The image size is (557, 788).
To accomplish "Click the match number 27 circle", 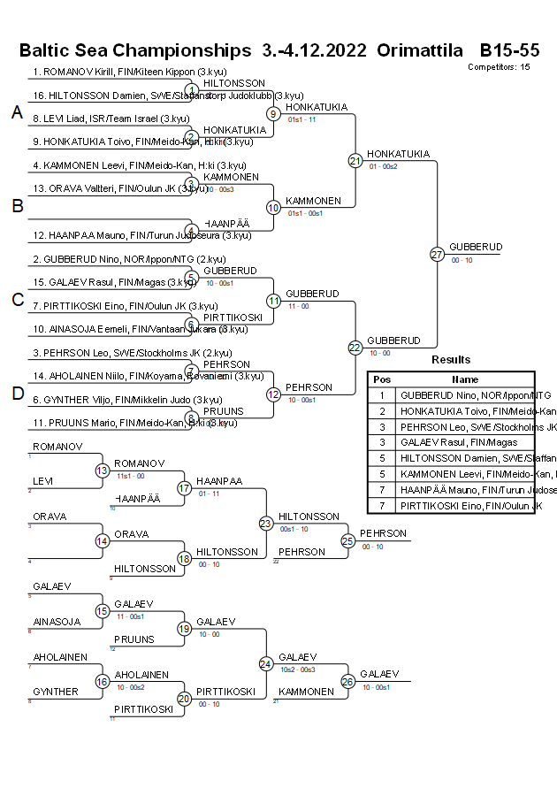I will pos(437,254).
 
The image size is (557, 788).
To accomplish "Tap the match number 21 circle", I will pos(355,160).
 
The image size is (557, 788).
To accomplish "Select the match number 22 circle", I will pos(355,347).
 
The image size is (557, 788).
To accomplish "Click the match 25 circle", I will pos(347,540).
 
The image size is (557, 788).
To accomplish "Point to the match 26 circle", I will pos(347,681).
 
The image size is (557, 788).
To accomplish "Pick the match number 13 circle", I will pos(103,471).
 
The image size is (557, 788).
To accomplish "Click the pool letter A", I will pos(17,112).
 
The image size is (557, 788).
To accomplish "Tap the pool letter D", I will pos(17,394).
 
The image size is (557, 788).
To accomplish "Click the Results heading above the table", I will pos(451,360).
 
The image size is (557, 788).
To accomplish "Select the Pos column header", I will pos(381,379).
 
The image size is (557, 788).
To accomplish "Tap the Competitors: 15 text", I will pos(499,66).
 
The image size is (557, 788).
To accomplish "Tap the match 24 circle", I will pos(266,663).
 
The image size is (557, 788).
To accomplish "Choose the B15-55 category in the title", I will pos(509,50).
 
